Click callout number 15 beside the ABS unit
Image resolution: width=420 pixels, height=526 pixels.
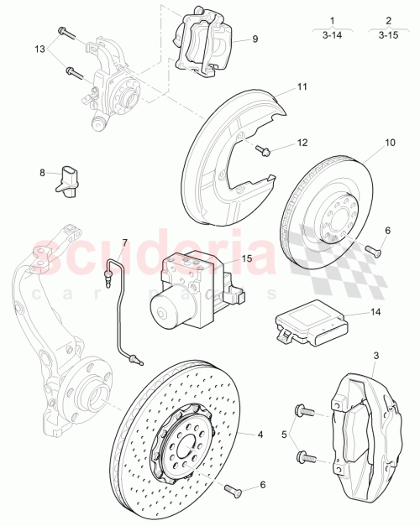pyautogui.click(x=247, y=259)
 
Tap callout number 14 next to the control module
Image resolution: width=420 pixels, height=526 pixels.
pyautogui.click(x=375, y=311)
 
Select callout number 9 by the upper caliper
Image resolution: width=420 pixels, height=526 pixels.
pyautogui.click(x=255, y=39)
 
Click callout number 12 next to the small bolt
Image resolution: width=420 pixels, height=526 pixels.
pyautogui.click(x=302, y=144)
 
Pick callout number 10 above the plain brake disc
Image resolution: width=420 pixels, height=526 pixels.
pyautogui.click(x=390, y=143)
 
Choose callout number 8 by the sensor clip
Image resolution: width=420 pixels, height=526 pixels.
pyautogui.click(x=41, y=172)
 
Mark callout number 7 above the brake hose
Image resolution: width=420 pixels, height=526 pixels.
pyautogui.click(x=124, y=243)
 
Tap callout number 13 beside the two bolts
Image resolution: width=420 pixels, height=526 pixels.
pyautogui.click(x=38, y=50)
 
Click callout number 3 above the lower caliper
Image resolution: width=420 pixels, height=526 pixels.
pyautogui.click(x=375, y=356)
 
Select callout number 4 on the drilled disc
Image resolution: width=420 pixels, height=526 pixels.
pyautogui.click(x=260, y=435)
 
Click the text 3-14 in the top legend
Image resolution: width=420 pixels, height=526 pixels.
pyautogui.click(x=333, y=35)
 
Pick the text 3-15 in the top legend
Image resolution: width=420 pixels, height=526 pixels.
pyautogui.click(x=388, y=35)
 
